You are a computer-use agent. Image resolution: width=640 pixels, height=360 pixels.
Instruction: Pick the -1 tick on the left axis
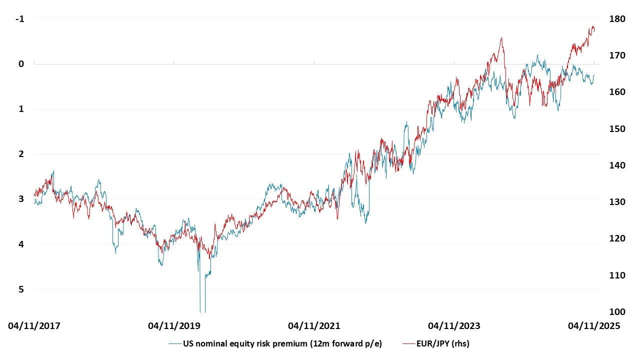click(20, 19)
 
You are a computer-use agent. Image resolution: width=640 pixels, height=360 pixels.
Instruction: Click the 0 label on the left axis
click(21, 64)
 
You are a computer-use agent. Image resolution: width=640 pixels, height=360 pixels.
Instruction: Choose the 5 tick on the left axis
click(21, 289)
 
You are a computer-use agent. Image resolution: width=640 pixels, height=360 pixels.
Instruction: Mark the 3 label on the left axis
click(21, 199)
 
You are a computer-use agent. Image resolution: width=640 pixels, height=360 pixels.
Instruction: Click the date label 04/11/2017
click(34, 326)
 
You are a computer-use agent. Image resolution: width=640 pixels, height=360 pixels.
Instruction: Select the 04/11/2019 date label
click(174, 326)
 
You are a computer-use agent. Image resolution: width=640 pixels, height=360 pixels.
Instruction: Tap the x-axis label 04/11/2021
click(314, 326)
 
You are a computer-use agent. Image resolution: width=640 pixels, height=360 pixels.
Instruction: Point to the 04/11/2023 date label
click(454, 326)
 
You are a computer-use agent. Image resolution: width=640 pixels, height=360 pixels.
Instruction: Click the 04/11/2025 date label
click(593, 326)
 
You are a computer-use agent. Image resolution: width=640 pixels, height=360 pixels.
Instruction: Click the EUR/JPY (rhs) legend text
click(443, 343)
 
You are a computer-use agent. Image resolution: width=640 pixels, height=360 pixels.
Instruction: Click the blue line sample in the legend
click(174, 343)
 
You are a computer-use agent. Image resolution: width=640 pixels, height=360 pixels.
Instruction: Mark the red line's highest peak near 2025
click(593, 26)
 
